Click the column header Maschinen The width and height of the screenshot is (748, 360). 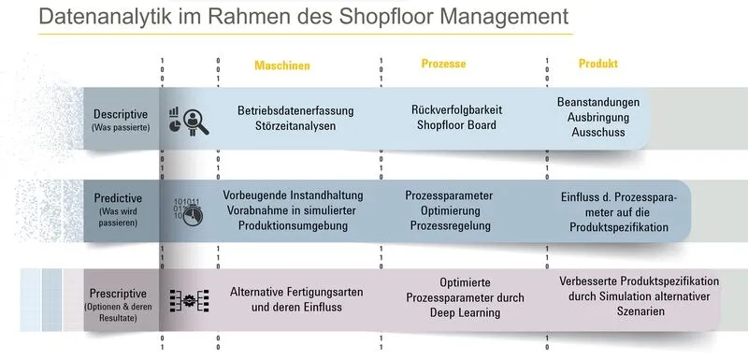[281, 66]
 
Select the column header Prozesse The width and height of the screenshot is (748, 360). [443, 65]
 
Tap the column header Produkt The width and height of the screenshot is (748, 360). [597, 64]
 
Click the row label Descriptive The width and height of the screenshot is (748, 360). [120, 114]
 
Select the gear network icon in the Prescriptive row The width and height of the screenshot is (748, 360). [188, 300]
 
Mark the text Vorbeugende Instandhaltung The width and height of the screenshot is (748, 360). [294, 195]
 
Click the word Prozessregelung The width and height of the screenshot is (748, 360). [450, 228]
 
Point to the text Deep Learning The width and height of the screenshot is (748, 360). [453, 313]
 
